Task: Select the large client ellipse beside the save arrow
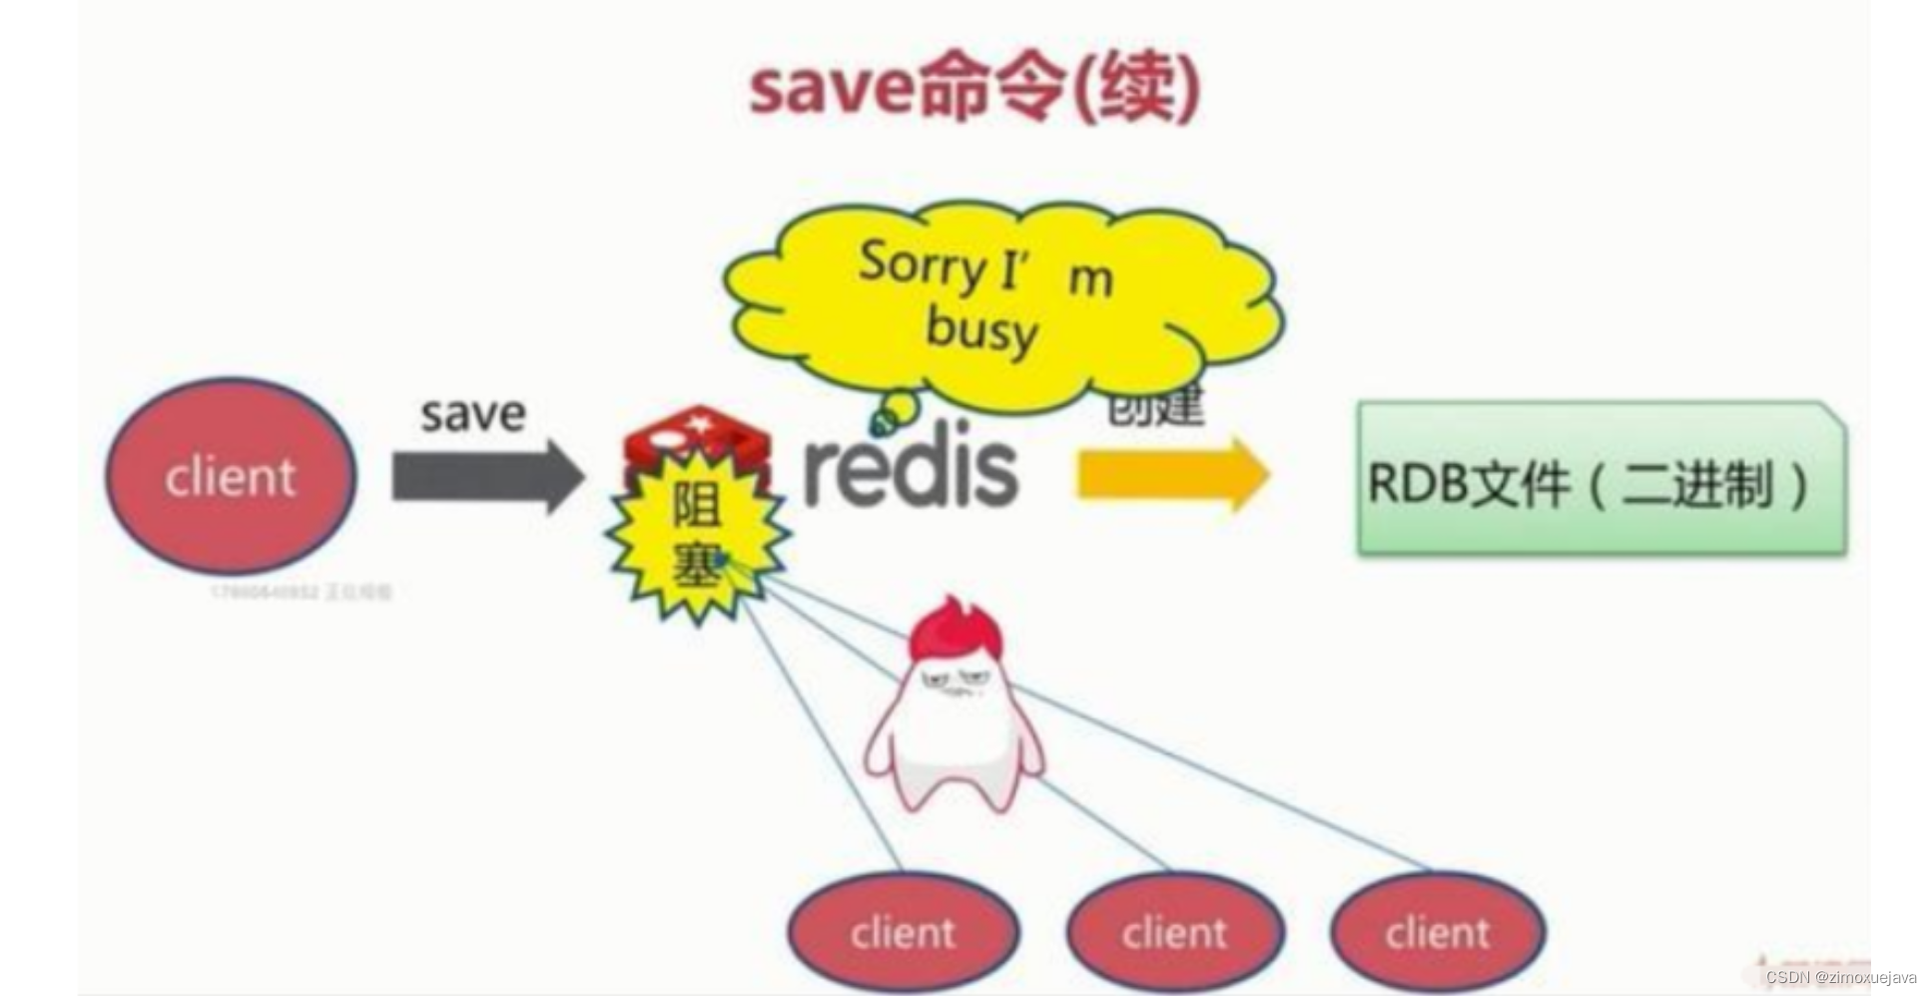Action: pyautogui.click(x=231, y=476)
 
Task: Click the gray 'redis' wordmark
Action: pyautogui.click(x=911, y=469)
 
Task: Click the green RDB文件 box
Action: pyautogui.click(x=1601, y=478)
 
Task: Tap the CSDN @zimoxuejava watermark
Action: pyautogui.click(x=1840, y=978)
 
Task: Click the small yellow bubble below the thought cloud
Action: pyautogui.click(x=899, y=406)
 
